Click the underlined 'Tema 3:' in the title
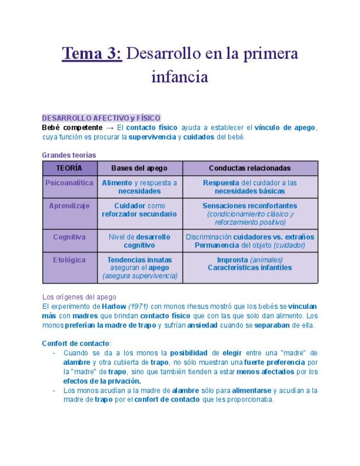[92, 54]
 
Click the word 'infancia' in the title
[180, 76]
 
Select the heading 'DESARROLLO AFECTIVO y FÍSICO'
[101, 118]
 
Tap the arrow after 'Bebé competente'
[109, 127]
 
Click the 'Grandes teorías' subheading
[69, 155]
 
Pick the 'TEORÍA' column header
[69, 168]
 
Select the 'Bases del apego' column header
[139, 168]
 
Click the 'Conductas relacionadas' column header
[250, 168]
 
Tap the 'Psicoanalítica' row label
[69, 182]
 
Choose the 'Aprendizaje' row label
[69, 206]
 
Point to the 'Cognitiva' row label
[69, 237]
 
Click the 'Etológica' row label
[69, 259]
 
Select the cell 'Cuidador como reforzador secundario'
[139, 210]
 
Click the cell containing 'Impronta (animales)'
[250, 264]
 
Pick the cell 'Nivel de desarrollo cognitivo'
[139, 241]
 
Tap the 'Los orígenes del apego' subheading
[79, 297]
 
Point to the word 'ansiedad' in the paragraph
[202, 325]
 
